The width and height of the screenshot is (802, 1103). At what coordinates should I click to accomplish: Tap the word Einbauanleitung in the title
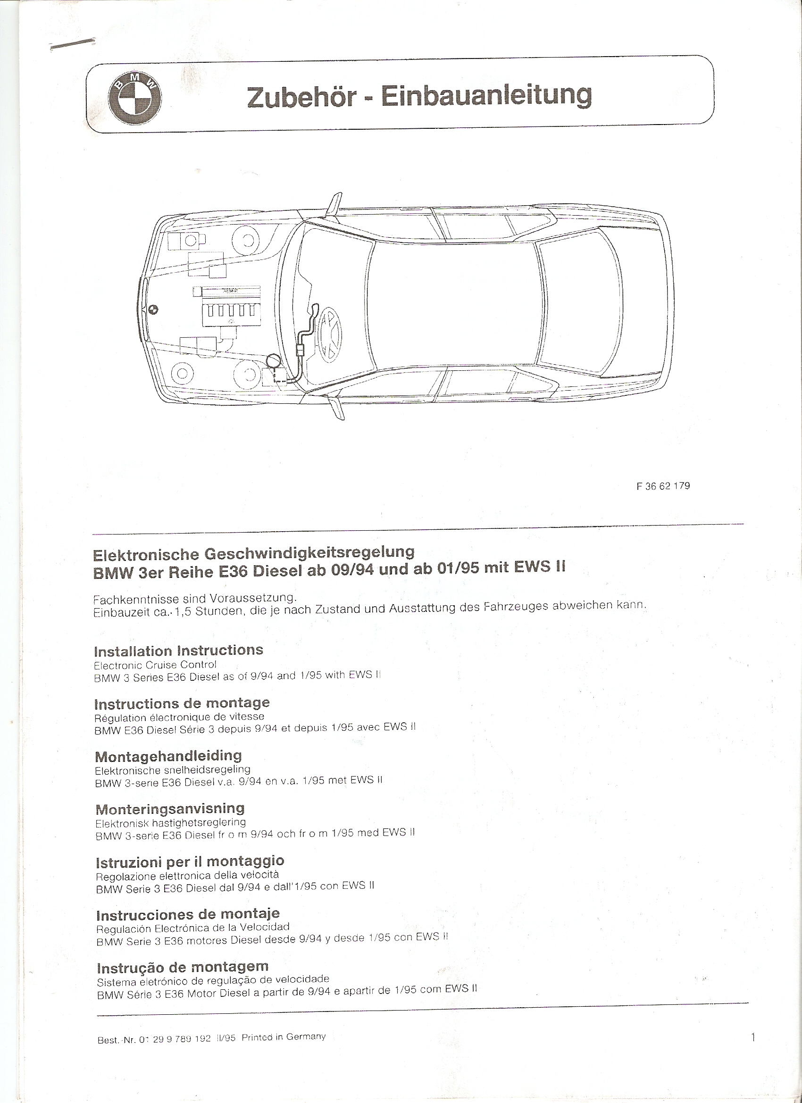486,96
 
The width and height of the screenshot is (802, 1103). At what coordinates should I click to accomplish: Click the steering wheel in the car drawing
329,332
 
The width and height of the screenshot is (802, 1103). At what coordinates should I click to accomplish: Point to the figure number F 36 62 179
663,486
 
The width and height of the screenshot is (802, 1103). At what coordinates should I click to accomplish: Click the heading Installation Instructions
178,651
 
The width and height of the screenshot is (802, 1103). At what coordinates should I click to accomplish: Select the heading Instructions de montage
182,703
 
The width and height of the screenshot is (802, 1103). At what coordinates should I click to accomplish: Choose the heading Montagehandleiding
168,756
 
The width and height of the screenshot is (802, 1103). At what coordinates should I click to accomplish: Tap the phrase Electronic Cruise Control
155,664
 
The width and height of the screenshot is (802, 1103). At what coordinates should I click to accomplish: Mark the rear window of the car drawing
580,304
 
